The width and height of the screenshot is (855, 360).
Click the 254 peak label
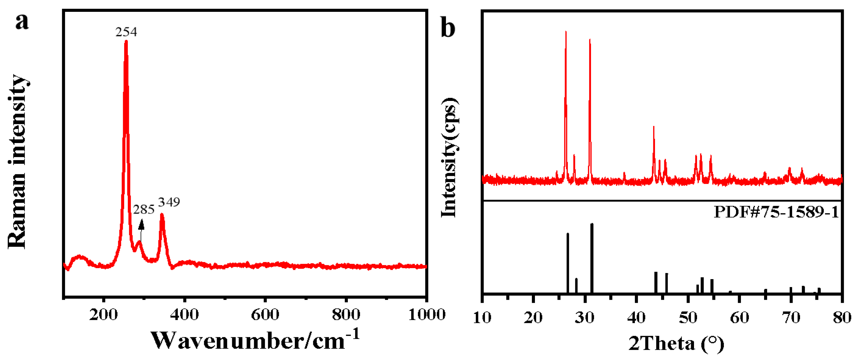[126, 32]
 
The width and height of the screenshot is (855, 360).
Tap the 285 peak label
[144, 210]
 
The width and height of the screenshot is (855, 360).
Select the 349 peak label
[169, 202]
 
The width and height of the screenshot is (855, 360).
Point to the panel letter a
[22, 22]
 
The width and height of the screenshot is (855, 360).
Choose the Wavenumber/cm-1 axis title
[255, 340]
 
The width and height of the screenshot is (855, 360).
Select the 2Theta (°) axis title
[676, 343]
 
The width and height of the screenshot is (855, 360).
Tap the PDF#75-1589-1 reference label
[776, 212]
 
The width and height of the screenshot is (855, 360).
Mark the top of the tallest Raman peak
[126, 42]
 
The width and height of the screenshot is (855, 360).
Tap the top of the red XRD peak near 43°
[654, 127]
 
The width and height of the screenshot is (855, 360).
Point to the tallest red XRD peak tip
[566, 32]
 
